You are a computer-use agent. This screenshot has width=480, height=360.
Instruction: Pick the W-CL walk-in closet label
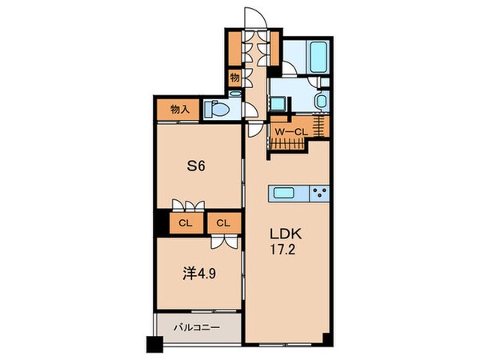(289, 132)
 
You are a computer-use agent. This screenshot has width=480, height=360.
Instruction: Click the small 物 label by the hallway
(235, 78)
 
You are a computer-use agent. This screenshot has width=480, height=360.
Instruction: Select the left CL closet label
(184, 222)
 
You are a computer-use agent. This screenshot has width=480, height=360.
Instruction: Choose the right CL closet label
(225, 222)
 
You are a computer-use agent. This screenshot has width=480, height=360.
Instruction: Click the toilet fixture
(217, 108)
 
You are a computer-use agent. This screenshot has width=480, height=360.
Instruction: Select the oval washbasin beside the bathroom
(320, 102)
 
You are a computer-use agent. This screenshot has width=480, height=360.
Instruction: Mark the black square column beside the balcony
(153, 344)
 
